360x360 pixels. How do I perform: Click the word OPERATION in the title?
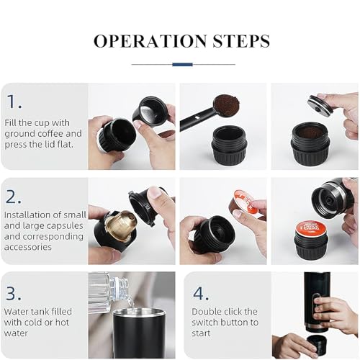(150, 41)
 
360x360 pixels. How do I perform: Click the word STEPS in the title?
(241, 41)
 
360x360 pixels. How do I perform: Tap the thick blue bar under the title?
(182, 64)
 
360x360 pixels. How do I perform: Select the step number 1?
(14, 102)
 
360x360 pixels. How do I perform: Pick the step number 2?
(14, 197)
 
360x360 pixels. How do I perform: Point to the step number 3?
(14, 293)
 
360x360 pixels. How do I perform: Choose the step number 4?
(201, 293)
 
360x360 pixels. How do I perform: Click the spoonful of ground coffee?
(227, 104)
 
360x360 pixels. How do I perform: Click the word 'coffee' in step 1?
(49, 133)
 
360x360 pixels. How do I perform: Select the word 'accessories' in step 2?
(28, 247)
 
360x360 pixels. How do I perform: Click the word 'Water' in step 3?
(16, 312)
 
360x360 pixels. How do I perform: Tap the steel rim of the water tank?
(138, 312)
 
